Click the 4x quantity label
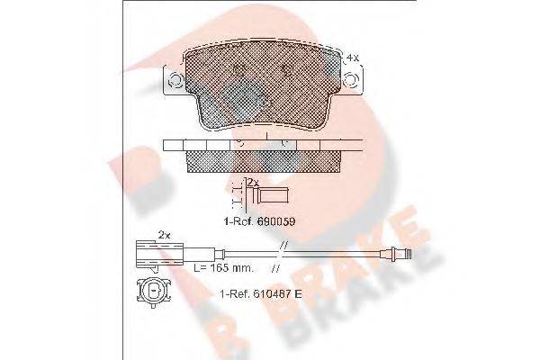(353, 57)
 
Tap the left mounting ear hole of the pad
(175, 83)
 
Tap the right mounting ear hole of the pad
(357, 83)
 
